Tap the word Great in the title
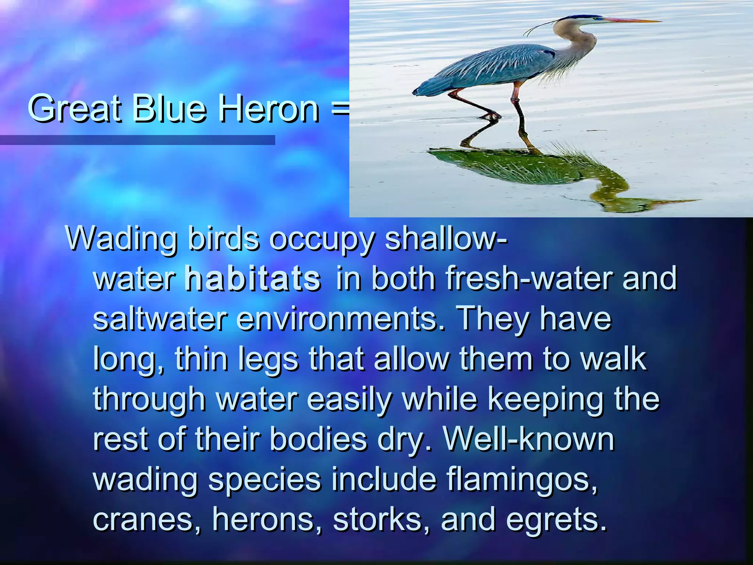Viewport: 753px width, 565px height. pos(74,109)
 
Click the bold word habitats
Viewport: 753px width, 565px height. pos(253,279)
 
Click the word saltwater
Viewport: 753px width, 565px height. pos(160,319)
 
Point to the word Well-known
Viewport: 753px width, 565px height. pos(529,439)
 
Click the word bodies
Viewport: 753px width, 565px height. pos(318,439)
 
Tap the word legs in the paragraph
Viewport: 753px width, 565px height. pos(268,360)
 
